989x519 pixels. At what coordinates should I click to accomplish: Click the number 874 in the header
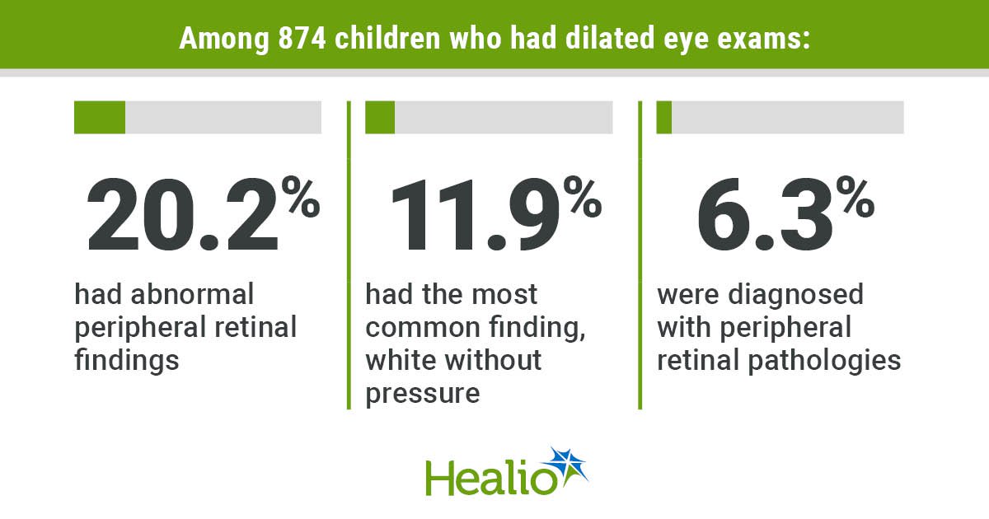coord(302,38)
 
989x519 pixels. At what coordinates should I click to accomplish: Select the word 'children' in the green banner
coord(387,38)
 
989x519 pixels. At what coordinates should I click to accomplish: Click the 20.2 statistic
coord(183,215)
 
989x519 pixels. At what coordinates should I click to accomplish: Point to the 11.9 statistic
coord(475,215)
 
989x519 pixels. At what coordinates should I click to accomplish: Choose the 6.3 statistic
coord(765,215)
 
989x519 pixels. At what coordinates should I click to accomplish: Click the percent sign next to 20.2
coord(301,196)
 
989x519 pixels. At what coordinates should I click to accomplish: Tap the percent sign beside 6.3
coord(855,196)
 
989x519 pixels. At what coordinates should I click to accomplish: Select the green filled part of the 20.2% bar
coord(100,117)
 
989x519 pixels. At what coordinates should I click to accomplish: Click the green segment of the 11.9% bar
coord(380,117)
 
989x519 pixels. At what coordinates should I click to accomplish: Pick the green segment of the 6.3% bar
coord(664,117)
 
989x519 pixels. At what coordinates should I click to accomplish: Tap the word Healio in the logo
coord(490,478)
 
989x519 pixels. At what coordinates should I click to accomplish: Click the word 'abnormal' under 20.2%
coord(192,294)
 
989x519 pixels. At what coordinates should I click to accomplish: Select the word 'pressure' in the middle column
coord(423,394)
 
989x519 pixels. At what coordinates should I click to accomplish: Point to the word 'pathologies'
coord(824,361)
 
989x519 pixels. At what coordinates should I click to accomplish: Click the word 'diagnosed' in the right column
coord(795,295)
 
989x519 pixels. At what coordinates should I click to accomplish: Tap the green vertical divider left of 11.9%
coord(349,255)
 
